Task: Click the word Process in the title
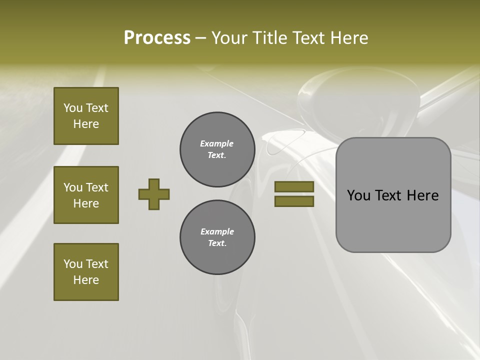[157, 38]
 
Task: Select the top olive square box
[86, 116]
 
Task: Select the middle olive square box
[86, 195]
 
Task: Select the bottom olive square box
[86, 272]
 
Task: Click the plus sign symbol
[154, 194]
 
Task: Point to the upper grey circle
[217, 149]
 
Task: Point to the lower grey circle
[217, 237]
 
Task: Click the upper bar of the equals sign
[294, 187]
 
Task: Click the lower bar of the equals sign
[294, 201]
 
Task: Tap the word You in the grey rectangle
[359, 195]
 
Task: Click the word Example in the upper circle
[217, 143]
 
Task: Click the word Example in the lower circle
[217, 231]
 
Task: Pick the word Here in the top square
[86, 124]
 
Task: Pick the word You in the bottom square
[73, 264]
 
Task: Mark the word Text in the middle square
[97, 187]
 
